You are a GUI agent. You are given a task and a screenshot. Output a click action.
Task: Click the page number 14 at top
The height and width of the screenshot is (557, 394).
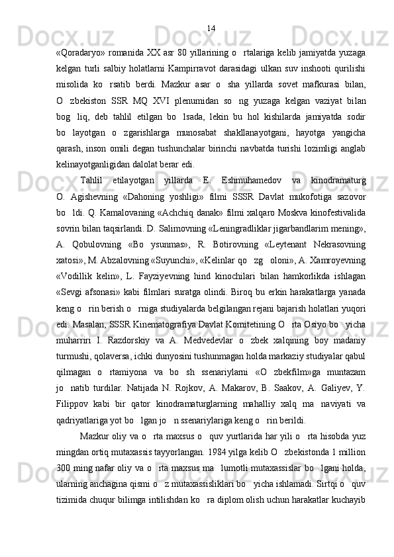[x=211, y=28]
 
